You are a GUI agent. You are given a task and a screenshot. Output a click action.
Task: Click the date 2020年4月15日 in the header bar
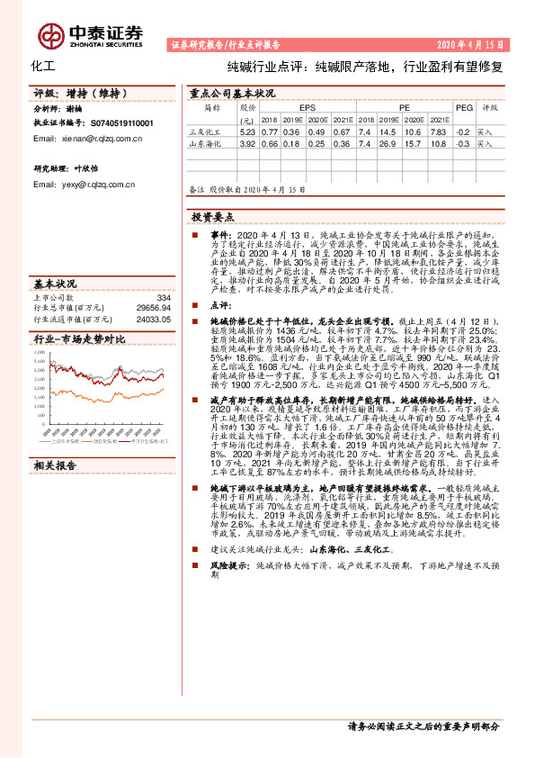474,44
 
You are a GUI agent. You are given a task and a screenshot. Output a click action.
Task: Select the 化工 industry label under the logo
43,67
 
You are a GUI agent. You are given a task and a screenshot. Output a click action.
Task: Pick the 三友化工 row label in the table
204,131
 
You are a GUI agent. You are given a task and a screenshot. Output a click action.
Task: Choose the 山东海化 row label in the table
204,143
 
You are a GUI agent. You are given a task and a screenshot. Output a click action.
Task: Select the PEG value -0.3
462,143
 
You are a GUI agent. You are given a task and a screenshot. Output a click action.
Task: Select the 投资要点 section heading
211,217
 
